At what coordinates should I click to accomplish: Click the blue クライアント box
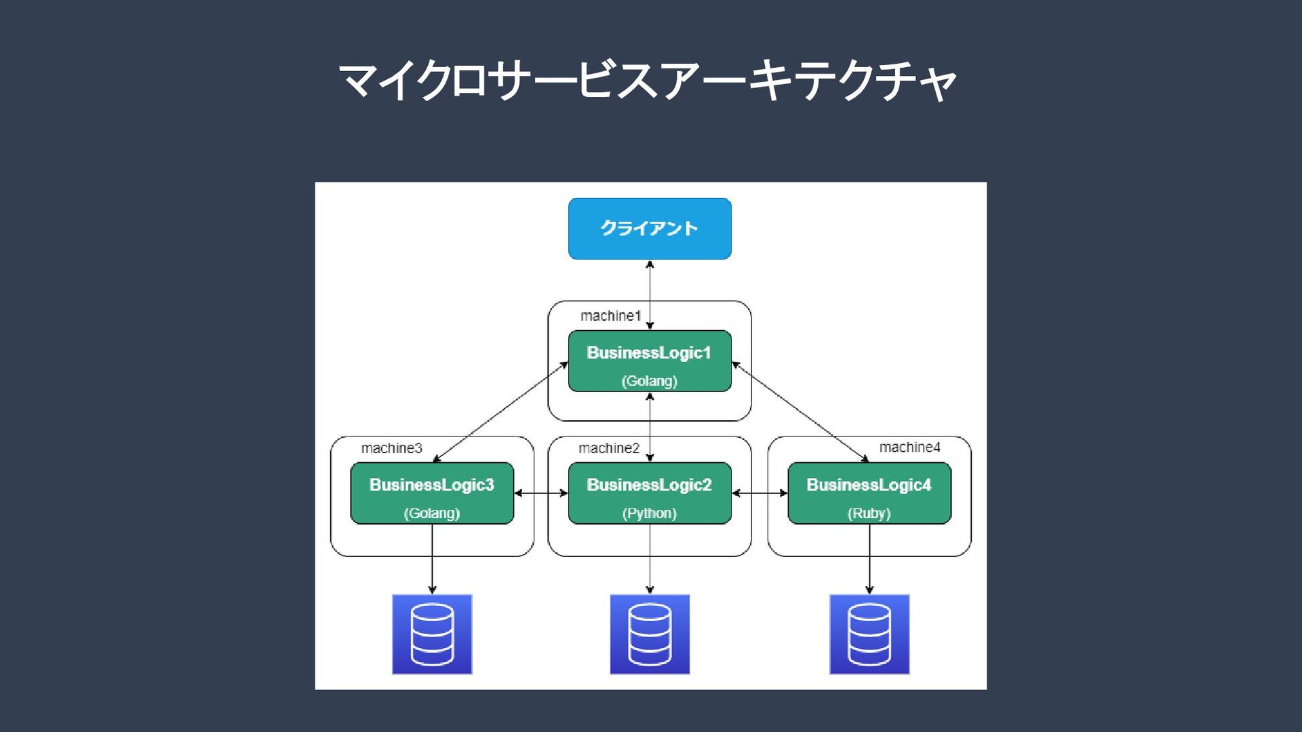(650, 228)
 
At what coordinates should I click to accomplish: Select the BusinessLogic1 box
(650, 361)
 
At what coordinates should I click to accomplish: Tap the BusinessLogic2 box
(650, 493)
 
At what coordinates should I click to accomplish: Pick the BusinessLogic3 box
(432, 493)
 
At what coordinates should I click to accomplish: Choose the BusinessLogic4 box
(869, 493)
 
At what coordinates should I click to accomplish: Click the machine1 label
(610, 316)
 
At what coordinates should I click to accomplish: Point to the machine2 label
(609, 448)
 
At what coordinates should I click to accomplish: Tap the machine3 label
(391, 448)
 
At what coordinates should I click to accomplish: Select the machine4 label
(910, 447)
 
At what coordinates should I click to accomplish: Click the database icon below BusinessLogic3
(432, 634)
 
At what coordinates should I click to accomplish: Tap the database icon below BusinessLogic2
(650, 634)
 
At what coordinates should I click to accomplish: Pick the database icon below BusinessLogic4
(869, 634)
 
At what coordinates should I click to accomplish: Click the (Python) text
(650, 513)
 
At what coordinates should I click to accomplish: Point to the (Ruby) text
(869, 513)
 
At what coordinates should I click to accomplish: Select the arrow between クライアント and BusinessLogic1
(650, 295)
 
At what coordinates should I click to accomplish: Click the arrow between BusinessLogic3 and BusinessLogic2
(541, 493)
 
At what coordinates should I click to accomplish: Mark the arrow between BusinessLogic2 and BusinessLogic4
(759, 493)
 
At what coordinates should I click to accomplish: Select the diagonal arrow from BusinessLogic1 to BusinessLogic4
(800, 412)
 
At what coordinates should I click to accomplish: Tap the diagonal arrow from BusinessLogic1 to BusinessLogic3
(500, 412)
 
